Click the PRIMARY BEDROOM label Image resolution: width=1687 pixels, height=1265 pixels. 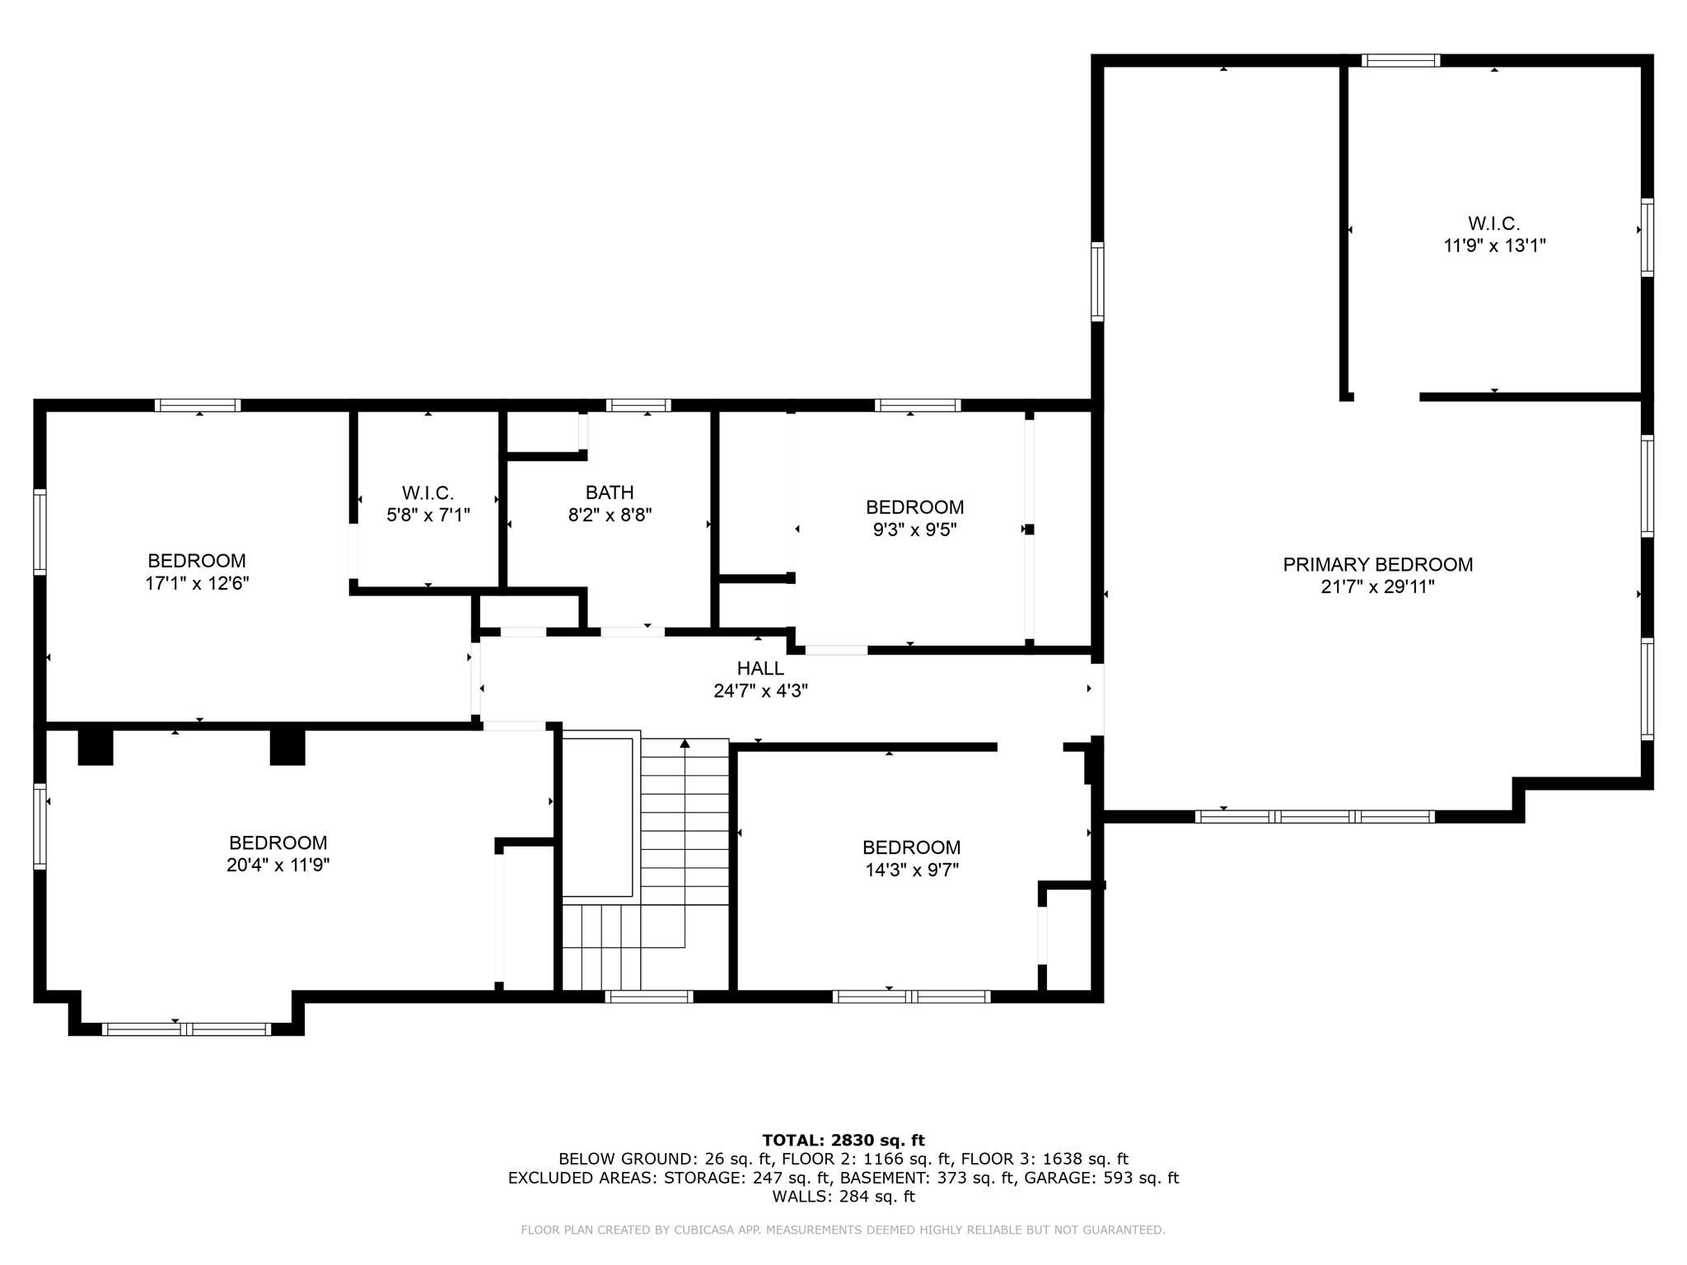coord(1377,565)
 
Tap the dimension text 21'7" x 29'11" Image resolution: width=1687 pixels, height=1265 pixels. coord(1377,587)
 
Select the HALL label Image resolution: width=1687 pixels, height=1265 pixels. coord(760,669)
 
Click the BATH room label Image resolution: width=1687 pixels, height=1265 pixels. coord(610,492)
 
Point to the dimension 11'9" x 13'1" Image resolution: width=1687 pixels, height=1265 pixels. coord(1494,245)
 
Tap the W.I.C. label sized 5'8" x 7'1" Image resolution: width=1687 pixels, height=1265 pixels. coord(428,493)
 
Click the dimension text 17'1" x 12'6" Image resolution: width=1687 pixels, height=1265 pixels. coord(197,583)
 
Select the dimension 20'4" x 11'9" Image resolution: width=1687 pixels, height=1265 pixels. coord(278,865)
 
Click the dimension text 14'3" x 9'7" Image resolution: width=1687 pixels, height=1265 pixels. coord(911,870)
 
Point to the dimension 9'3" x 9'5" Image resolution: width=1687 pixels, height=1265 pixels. coord(914,530)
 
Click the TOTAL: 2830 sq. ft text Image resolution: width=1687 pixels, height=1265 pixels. coord(843,1141)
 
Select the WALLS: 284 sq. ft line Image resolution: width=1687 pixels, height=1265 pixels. coord(843,1197)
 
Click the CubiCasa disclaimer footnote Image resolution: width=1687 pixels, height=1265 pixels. coord(843,1230)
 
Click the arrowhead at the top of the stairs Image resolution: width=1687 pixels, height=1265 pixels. coord(685,743)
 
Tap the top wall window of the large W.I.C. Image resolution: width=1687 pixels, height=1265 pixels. coord(1400,60)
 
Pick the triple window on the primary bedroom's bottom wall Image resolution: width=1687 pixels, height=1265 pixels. coord(1315,817)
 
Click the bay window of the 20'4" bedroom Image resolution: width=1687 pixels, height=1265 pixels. coord(186,1029)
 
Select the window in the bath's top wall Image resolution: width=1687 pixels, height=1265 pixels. coord(638,405)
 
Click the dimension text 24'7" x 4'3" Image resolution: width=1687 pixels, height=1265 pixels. coord(760,691)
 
